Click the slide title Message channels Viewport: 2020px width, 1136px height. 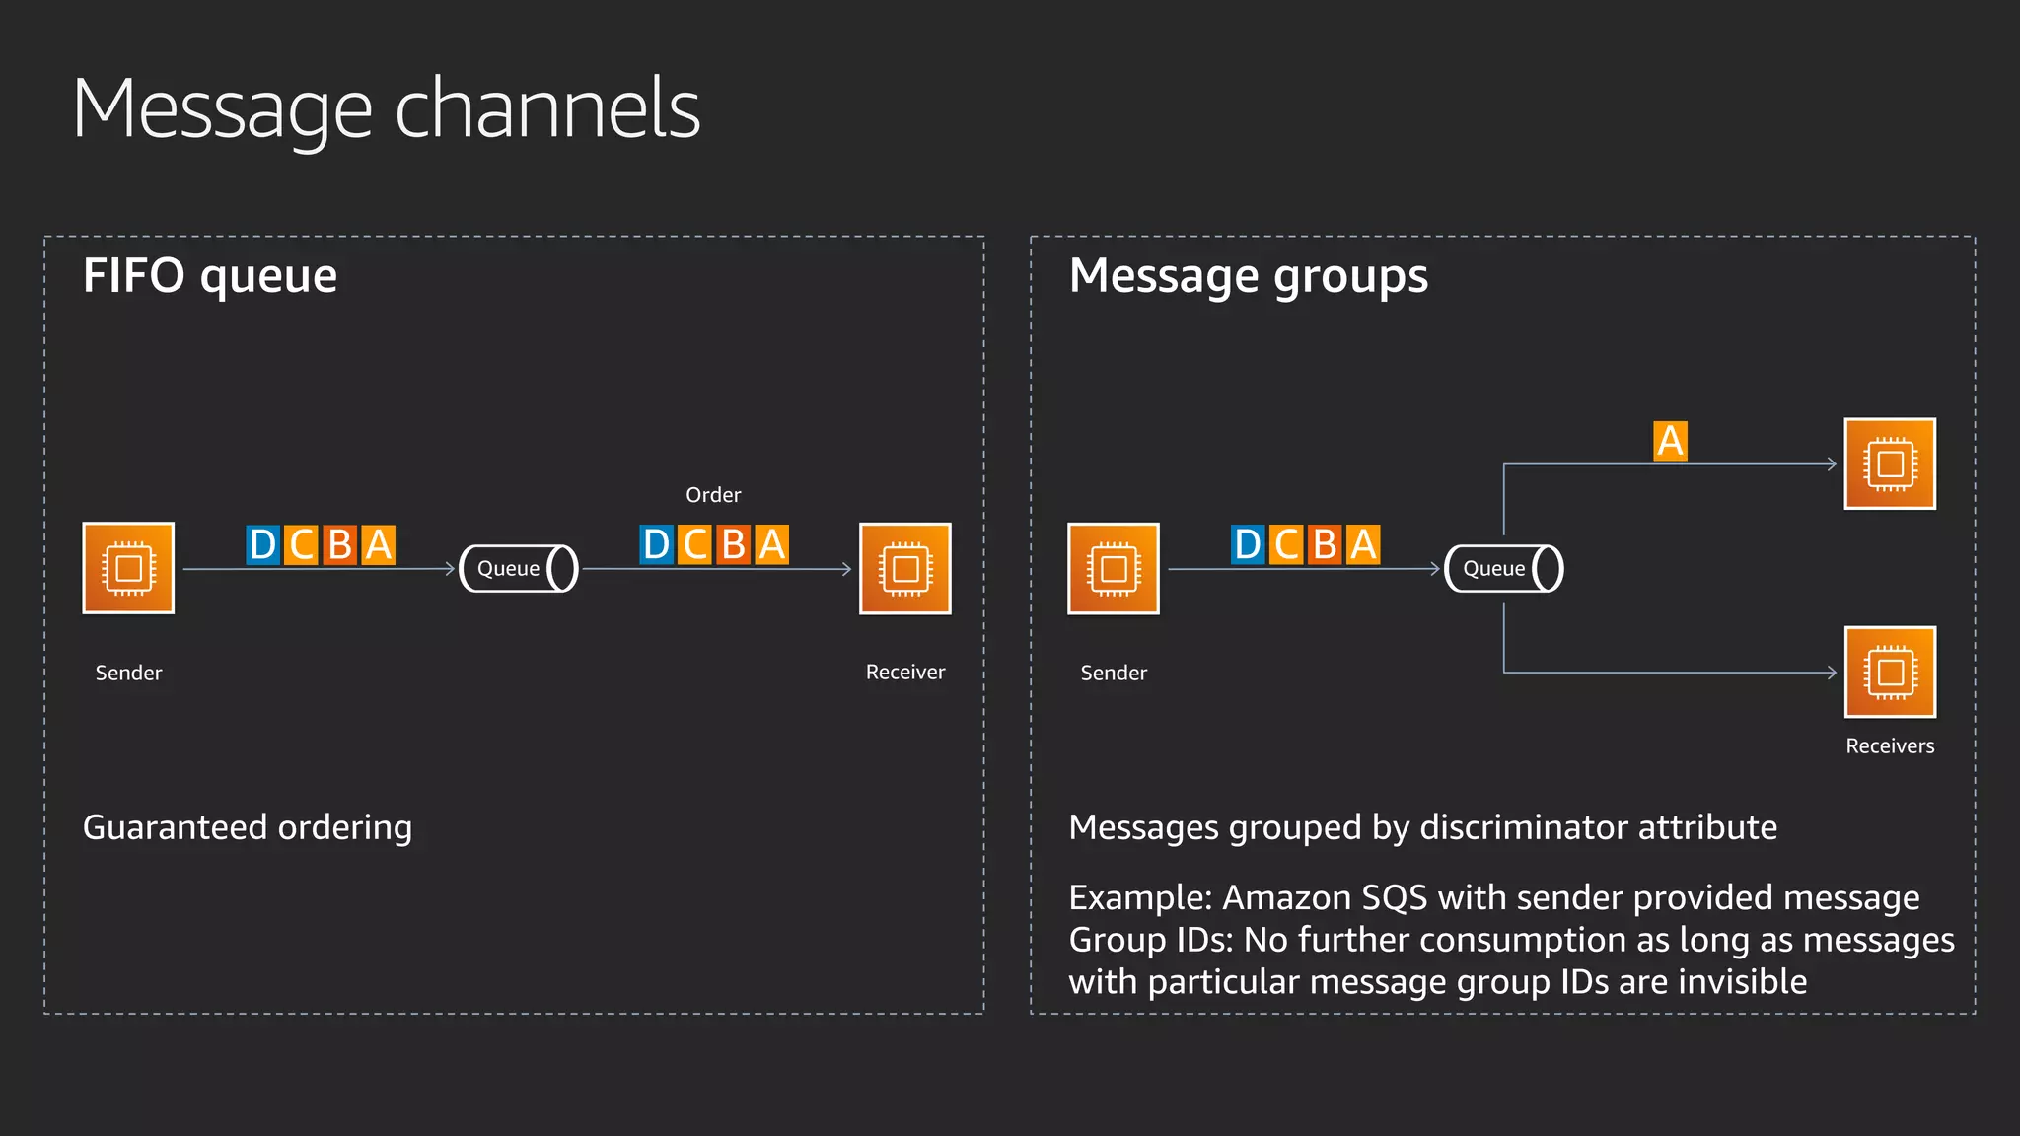(x=386, y=108)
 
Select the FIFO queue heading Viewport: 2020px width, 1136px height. (x=210, y=276)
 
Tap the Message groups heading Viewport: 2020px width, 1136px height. (x=1248, y=276)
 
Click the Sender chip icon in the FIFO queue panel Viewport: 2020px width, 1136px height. (x=128, y=568)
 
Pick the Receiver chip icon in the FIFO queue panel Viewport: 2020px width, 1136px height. (x=904, y=568)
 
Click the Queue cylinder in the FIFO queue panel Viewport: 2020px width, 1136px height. (x=519, y=569)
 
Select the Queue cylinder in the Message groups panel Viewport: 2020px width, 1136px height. (x=1503, y=569)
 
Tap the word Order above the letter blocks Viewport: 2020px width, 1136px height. (x=713, y=495)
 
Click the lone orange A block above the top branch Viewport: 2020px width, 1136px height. (x=1670, y=441)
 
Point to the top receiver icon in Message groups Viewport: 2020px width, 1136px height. (x=1890, y=463)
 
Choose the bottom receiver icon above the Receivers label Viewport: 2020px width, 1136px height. (x=1890, y=672)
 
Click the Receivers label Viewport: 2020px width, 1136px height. (x=1890, y=746)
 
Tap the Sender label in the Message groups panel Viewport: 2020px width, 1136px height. (x=1114, y=674)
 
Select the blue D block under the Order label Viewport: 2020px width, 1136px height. (x=656, y=544)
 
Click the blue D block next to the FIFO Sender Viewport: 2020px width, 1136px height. (x=263, y=544)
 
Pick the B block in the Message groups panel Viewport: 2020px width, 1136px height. (x=1325, y=544)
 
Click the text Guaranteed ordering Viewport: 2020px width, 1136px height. (x=248, y=827)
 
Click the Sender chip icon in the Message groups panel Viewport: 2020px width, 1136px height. (x=1114, y=568)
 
